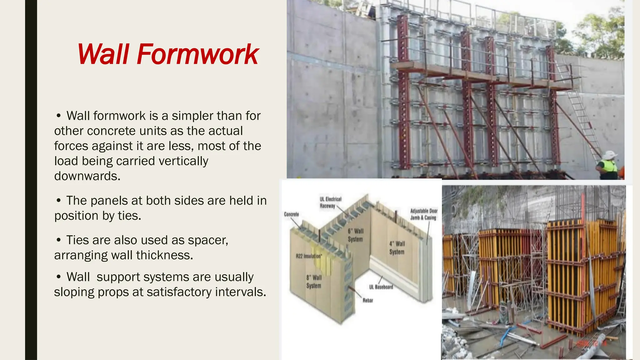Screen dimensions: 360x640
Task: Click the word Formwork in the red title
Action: tap(197, 55)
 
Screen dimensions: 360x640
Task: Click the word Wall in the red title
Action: tap(103, 55)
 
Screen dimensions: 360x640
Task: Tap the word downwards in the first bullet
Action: tap(87, 176)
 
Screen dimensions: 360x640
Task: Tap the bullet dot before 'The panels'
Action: tap(58, 201)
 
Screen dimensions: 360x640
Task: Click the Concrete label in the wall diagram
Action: tap(291, 214)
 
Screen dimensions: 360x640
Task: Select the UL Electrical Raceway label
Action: tap(330, 202)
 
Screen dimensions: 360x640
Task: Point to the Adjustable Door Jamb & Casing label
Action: tap(424, 214)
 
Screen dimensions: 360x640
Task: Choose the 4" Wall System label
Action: tap(397, 248)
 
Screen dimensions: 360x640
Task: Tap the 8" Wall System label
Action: tap(314, 282)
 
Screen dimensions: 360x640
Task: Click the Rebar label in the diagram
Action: tap(368, 301)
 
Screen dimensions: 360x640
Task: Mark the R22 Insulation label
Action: tap(309, 256)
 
